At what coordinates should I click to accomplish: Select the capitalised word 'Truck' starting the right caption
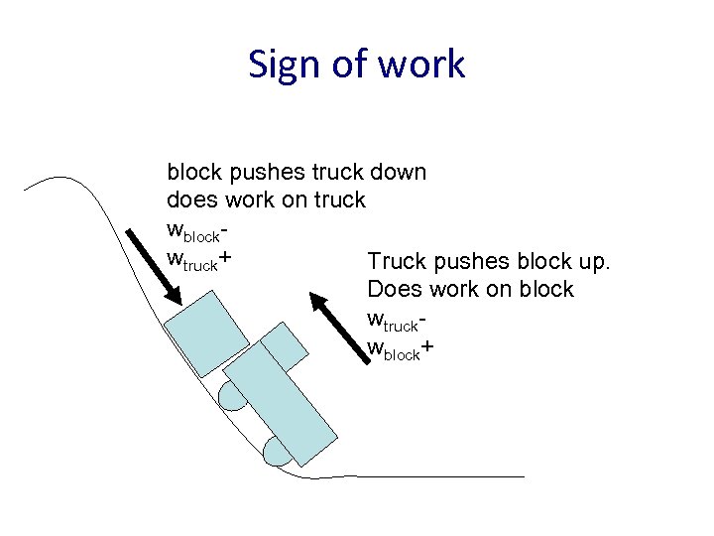click(396, 262)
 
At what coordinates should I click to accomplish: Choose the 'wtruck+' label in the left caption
click(199, 260)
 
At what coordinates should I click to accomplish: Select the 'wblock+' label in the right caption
click(400, 348)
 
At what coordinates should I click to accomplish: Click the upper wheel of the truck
click(233, 396)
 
